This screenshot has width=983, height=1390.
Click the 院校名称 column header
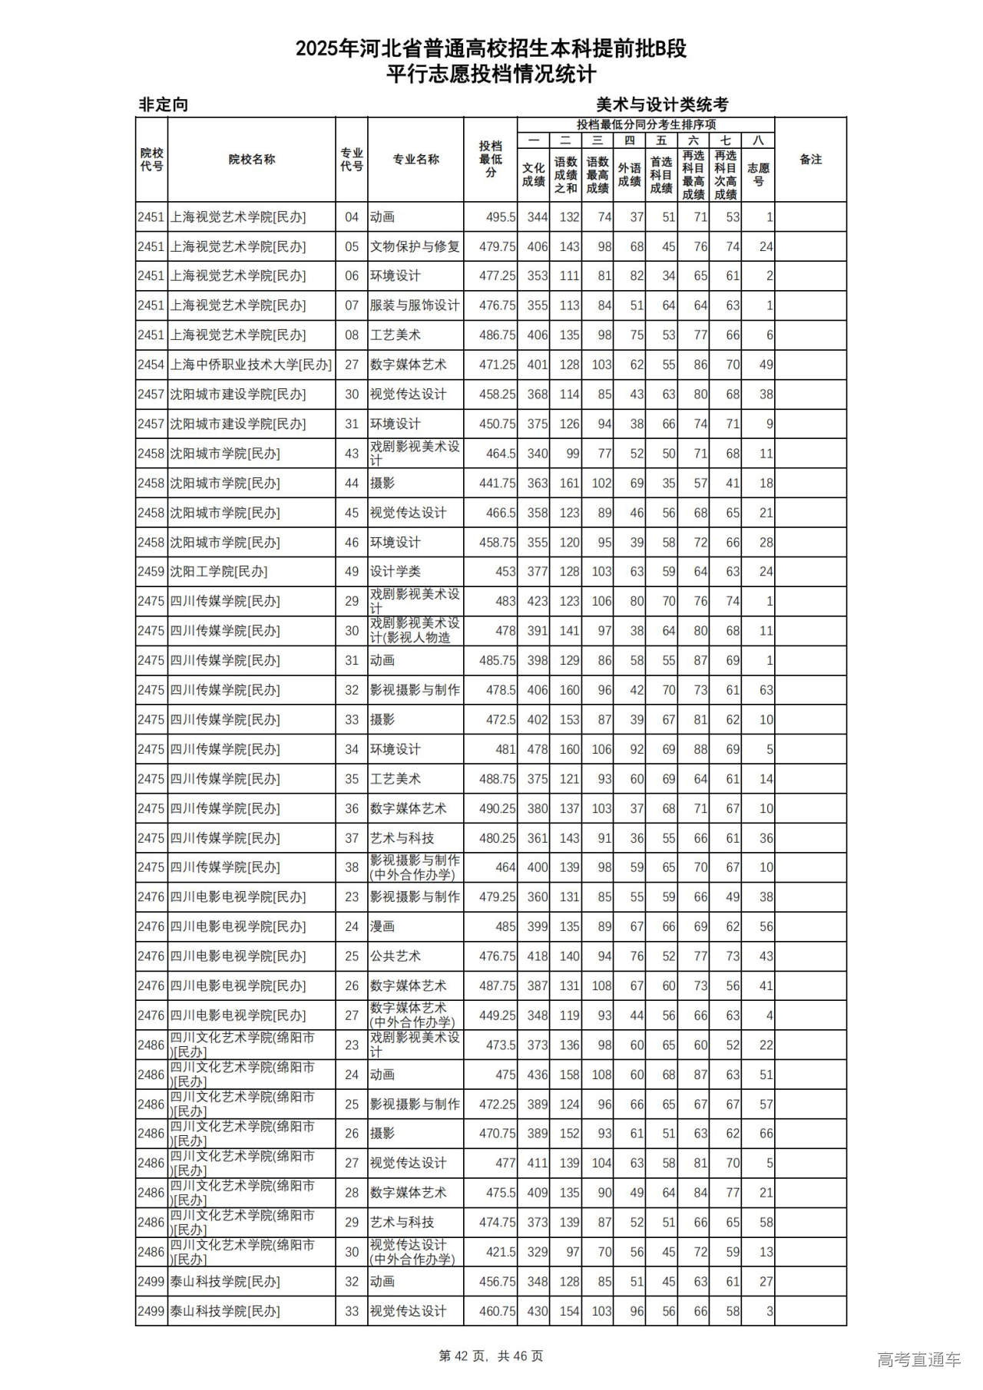pyautogui.click(x=251, y=160)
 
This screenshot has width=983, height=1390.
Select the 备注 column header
pyautogui.click(x=810, y=160)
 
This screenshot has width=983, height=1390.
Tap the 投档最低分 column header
pyautogui.click(x=490, y=160)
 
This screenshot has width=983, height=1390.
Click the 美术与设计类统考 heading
pyautogui.click(x=662, y=105)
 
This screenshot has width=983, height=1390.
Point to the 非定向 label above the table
pyautogui.click(x=163, y=105)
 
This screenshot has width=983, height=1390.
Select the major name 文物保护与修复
pyautogui.click(x=415, y=246)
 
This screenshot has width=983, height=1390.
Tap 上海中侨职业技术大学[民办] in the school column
pyautogui.click(x=251, y=365)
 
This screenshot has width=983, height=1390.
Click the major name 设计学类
pyautogui.click(x=396, y=572)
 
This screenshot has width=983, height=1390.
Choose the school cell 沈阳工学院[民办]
pyautogui.click(x=219, y=572)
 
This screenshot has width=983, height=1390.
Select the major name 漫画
pyautogui.click(x=382, y=926)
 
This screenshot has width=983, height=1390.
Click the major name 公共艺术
pyautogui.click(x=396, y=956)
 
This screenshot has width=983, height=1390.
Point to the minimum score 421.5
pyautogui.click(x=500, y=1252)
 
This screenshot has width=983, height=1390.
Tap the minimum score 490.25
pyautogui.click(x=497, y=808)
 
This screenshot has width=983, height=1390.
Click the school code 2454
pyautogui.click(x=151, y=365)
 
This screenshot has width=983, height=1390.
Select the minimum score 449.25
pyautogui.click(x=497, y=1015)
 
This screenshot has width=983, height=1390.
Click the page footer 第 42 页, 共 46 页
pyautogui.click(x=491, y=1356)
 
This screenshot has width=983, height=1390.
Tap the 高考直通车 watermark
pyautogui.click(x=918, y=1360)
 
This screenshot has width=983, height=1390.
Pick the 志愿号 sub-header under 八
pyautogui.click(x=758, y=174)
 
